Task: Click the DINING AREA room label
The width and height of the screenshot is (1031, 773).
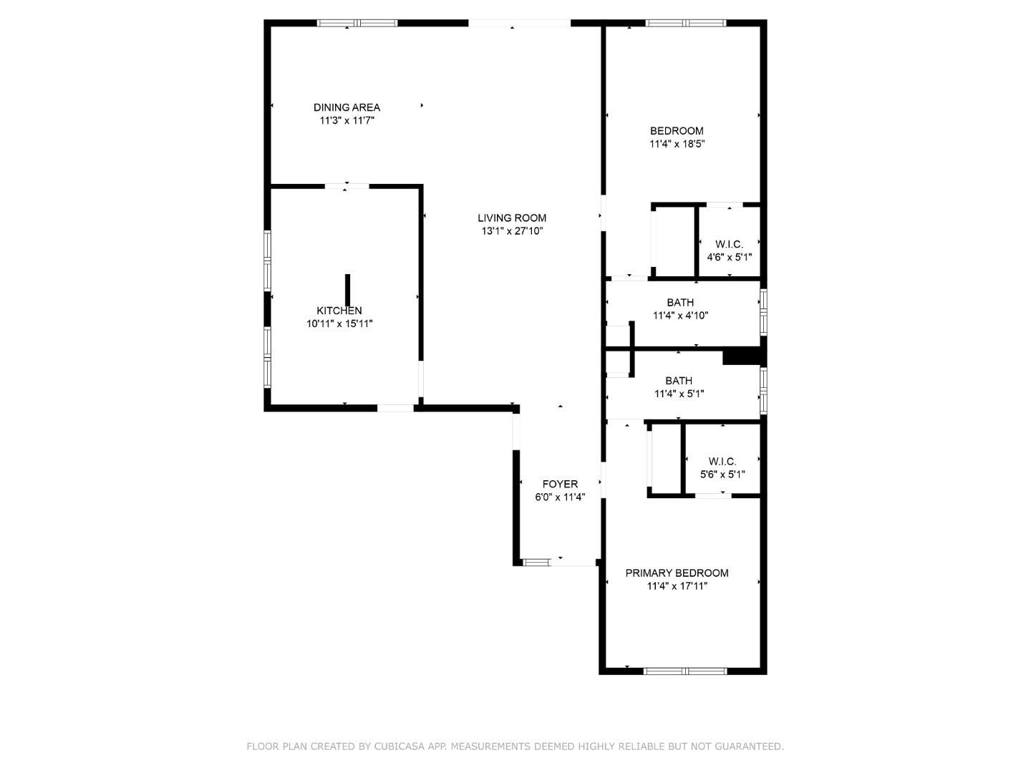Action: pos(347,107)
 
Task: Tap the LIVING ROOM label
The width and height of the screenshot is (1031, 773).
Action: pos(512,218)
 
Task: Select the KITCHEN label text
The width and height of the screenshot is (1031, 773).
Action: pos(339,311)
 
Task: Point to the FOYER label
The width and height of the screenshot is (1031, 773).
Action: pos(560,484)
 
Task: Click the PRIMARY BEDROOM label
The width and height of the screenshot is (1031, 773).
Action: pos(677,573)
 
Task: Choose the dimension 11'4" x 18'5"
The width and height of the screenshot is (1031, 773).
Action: pos(677,144)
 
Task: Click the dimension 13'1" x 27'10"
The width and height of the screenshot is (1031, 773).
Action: pos(512,231)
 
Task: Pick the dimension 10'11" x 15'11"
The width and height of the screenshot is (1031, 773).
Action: pos(339,324)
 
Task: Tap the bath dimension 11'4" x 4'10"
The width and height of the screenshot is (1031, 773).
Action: pos(680,315)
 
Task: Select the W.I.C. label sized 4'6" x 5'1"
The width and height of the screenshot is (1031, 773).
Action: pos(729,244)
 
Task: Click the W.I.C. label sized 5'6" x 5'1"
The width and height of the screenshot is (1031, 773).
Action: pos(722,462)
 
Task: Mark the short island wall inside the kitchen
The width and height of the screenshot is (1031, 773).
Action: pos(348,289)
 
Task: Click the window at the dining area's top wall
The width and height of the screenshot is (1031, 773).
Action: pos(357,23)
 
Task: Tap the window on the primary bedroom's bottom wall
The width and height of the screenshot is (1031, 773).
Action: pos(685,671)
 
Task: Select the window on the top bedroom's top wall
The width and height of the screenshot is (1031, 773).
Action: pos(686,23)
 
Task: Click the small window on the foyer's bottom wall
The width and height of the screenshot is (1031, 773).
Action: pos(536,563)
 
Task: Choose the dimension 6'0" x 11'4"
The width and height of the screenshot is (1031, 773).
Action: pos(560,497)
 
